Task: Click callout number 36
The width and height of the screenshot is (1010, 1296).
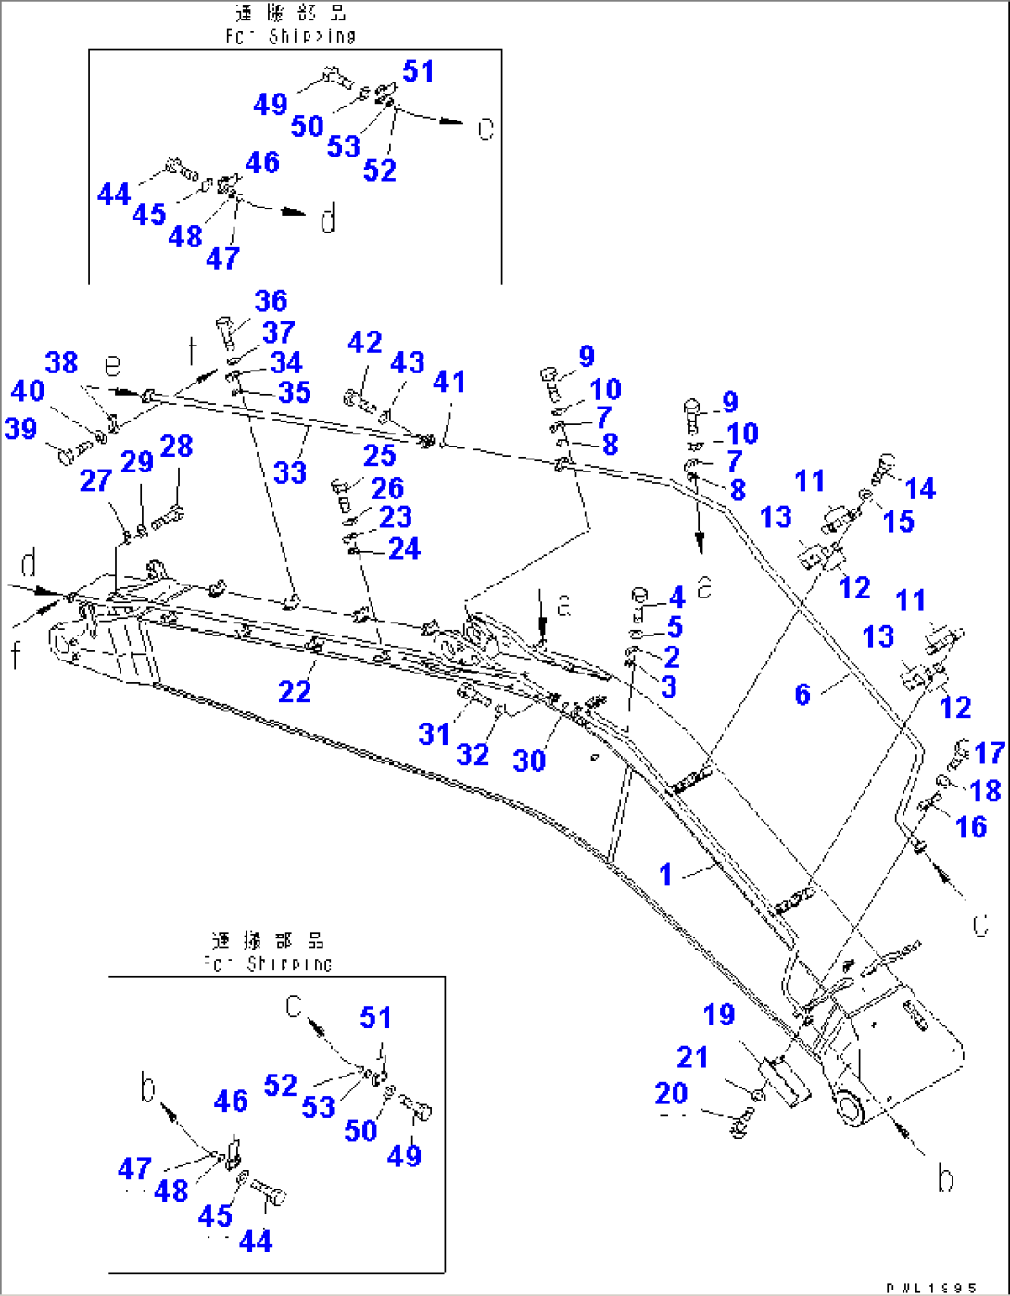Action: point(271,301)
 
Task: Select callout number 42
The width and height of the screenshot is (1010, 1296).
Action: point(364,343)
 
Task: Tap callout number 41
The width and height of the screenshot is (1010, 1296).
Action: point(449,382)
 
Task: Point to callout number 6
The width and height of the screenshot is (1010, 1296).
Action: point(802,693)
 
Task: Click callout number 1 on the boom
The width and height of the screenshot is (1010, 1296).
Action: point(665,874)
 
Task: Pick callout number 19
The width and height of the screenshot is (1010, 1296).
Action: point(719,1014)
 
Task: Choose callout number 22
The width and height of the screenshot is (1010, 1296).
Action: point(295,691)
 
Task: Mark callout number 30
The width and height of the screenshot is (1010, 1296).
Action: point(529,761)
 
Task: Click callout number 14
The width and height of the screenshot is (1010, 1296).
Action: point(920,488)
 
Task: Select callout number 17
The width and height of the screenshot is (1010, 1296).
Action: point(990,753)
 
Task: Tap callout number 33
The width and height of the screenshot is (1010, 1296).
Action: point(289,472)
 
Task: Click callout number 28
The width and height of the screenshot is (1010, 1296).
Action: point(176,446)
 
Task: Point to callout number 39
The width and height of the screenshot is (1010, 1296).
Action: point(20,428)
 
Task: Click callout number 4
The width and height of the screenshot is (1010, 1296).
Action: point(676,598)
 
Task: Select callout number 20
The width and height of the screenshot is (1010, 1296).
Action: point(671,1093)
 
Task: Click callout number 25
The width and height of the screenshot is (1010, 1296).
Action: point(379,456)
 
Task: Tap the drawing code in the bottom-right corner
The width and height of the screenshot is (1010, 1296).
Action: point(930,1288)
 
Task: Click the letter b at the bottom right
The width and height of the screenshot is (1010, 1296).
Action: point(944,1178)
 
